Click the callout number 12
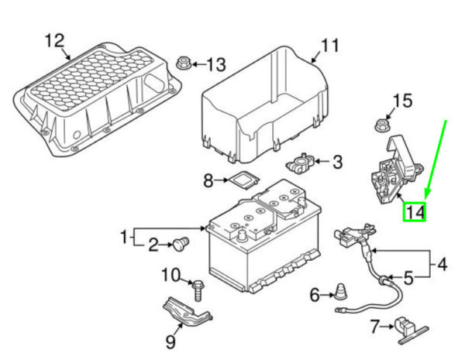click(x=53, y=39)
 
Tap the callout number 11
click(x=331, y=46)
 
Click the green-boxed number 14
click(x=415, y=211)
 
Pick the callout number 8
click(x=208, y=181)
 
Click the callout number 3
click(x=337, y=163)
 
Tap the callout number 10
click(x=170, y=274)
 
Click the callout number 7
click(x=374, y=326)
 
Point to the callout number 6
click(x=315, y=294)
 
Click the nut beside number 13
click(x=185, y=63)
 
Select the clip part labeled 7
click(x=405, y=327)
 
